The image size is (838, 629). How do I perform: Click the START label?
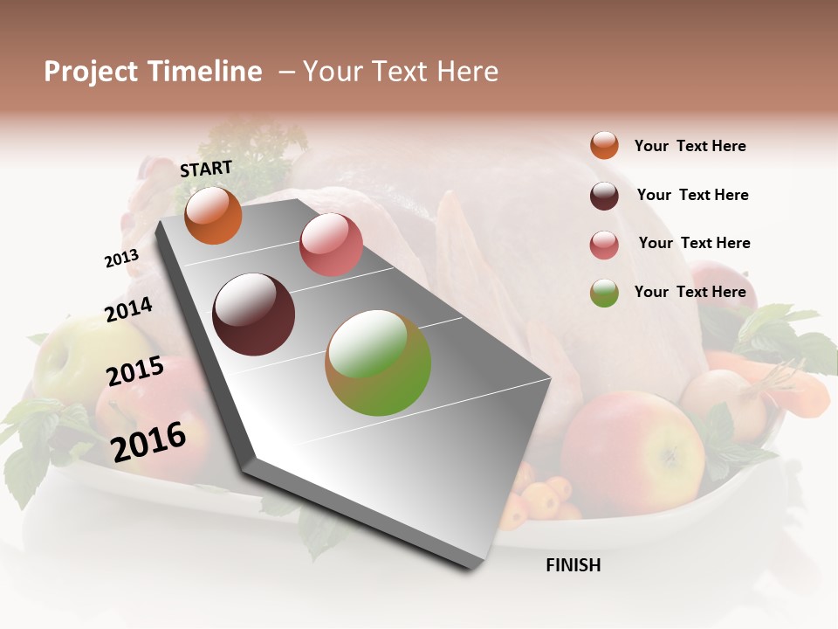(206, 169)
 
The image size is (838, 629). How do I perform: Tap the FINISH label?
(573, 565)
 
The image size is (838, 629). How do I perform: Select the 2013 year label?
(121, 259)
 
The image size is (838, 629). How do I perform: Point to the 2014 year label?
(128, 310)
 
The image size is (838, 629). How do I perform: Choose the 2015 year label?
(135, 371)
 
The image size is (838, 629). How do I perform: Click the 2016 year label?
(148, 441)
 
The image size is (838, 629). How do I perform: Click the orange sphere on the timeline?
(213, 216)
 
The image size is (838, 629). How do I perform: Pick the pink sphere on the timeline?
(331, 245)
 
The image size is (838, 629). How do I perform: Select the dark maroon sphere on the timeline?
(254, 314)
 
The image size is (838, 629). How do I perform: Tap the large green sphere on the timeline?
(378, 363)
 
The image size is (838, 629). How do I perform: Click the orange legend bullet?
(604, 146)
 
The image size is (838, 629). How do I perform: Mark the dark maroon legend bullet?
(604, 196)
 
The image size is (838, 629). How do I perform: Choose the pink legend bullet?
(604, 245)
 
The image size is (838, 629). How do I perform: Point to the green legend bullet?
(604, 293)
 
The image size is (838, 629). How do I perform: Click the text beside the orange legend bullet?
(690, 146)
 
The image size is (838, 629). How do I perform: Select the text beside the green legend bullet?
(690, 292)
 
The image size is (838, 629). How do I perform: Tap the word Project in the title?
(90, 72)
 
